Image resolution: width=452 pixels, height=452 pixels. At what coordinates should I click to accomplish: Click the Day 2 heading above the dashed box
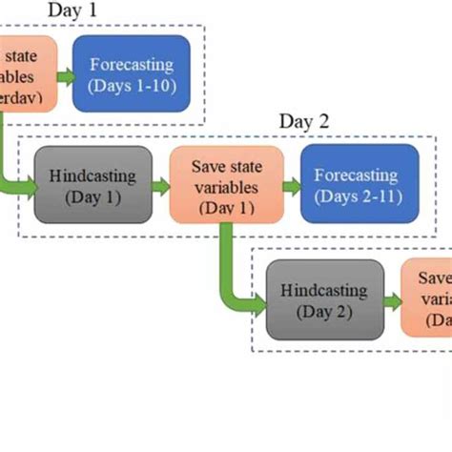tap(303, 121)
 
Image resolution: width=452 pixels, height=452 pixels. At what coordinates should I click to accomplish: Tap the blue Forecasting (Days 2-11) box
tap(360, 184)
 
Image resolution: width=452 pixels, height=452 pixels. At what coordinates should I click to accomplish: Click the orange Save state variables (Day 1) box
tap(226, 184)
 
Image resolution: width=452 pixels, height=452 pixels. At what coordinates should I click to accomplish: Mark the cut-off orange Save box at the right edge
tap(427, 297)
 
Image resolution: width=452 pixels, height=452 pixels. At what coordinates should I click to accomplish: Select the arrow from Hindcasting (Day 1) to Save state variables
tap(160, 185)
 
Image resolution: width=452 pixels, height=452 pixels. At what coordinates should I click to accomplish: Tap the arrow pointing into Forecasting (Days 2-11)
tap(293, 185)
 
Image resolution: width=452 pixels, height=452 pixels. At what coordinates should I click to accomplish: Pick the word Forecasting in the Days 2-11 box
tap(360, 175)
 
